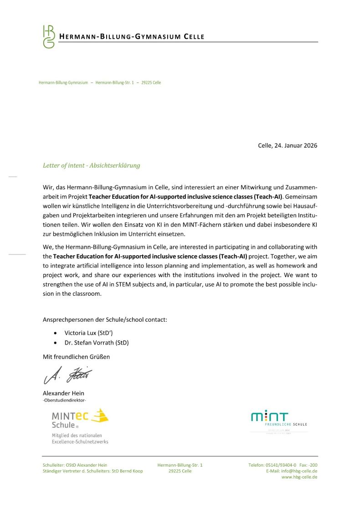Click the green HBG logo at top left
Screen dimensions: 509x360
[x=48, y=36]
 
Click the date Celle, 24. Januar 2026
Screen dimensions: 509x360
[x=287, y=146]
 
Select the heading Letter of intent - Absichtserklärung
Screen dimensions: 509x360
[x=91, y=165]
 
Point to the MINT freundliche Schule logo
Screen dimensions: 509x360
[x=279, y=420]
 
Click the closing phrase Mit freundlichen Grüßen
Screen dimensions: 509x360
[x=76, y=357]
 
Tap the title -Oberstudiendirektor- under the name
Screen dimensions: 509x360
[x=64, y=400]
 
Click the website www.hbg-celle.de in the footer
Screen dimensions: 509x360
[x=299, y=477]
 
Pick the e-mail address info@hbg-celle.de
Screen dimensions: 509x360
[x=299, y=471]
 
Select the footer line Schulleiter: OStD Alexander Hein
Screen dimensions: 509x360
[x=75, y=465]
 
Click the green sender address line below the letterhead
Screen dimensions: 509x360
[x=100, y=83]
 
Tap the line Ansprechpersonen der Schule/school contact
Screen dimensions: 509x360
[x=105, y=319]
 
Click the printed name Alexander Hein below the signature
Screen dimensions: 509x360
[x=63, y=393]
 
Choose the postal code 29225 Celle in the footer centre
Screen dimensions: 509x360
[x=180, y=471]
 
